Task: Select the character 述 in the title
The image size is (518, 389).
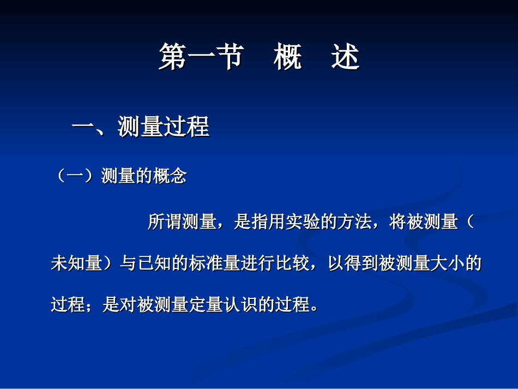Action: click(345, 58)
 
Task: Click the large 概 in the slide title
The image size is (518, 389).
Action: click(288, 58)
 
